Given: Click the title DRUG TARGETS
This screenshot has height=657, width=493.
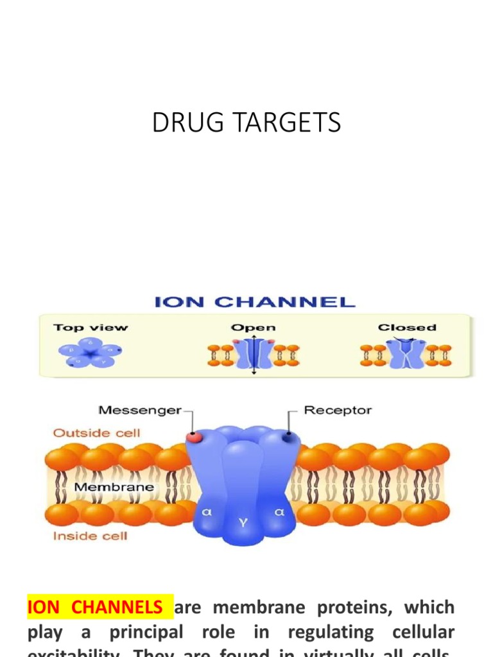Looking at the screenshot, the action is tap(246, 123).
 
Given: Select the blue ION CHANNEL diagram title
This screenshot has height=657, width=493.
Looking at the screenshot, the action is tap(254, 302).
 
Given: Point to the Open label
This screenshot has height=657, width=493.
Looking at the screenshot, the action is tap(253, 327).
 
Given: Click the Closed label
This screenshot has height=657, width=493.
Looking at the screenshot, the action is tap(406, 327).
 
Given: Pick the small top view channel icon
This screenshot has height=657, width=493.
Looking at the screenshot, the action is tap(89, 352).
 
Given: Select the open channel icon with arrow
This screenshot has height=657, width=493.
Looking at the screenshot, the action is tap(253, 354).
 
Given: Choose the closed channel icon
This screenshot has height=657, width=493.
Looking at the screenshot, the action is tap(406, 354).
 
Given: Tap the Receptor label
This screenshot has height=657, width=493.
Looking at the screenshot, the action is tap(337, 410).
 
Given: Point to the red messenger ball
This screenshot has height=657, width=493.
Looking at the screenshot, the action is tap(193, 437).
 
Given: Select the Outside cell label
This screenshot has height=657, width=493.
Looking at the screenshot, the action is tap(96, 432).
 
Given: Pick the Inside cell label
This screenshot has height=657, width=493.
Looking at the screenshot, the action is tap(90, 535).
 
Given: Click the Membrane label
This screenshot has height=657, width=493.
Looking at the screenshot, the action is tap(114, 487).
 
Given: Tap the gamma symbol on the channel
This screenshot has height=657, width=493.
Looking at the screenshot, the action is tap(243, 522).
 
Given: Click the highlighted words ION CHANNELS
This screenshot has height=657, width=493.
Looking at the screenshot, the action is tap(95, 607).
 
